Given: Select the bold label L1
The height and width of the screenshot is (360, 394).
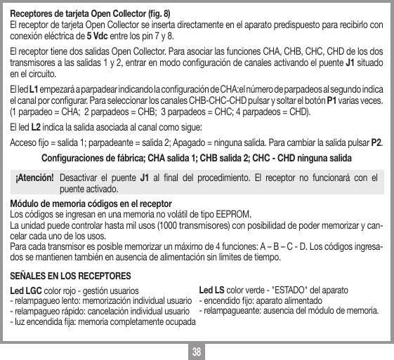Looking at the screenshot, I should [x=24, y=91].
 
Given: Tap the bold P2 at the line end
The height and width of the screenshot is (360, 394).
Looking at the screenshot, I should [x=376, y=143].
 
